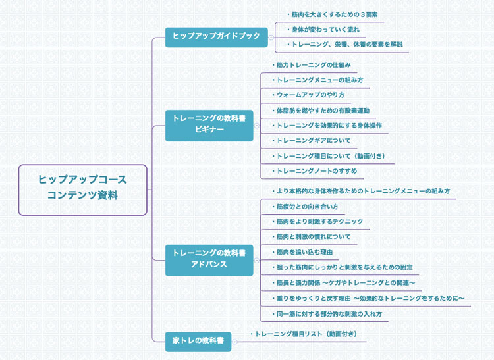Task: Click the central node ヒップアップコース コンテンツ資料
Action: [x=82, y=190]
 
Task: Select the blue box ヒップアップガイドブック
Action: [x=217, y=37]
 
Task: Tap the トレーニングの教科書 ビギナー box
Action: [x=209, y=124]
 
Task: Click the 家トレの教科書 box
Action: [x=198, y=341]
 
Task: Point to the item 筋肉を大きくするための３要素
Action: [x=335, y=14]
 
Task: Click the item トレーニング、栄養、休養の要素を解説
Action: [x=346, y=45]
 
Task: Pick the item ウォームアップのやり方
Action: [x=310, y=95]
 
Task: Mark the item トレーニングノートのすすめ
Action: [x=316, y=171]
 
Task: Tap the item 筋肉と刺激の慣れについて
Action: [x=313, y=237]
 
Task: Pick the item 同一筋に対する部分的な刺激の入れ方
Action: [x=327, y=314]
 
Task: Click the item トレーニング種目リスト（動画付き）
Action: [x=306, y=334]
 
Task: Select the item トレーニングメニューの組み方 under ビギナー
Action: [x=319, y=80]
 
